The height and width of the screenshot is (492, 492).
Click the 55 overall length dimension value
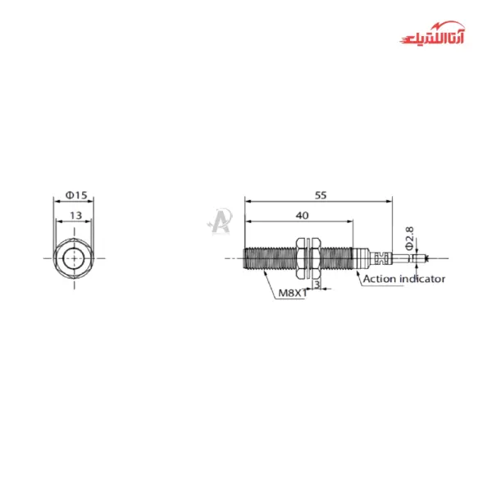tap(320, 194)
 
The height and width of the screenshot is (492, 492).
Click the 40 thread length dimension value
tap(302, 215)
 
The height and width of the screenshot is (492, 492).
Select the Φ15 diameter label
tap(75, 194)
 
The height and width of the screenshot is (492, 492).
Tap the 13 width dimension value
tap(75, 215)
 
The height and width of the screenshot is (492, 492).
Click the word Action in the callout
tap(379, 279)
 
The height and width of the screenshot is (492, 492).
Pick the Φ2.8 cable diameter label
tap(408, 238)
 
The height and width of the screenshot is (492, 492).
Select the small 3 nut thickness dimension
tap(317, 285)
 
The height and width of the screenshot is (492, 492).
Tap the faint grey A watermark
tap(219, 220)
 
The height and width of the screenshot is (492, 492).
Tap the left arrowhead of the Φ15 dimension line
tap(56, 201)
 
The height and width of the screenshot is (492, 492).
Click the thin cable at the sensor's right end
tap(414, 258)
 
